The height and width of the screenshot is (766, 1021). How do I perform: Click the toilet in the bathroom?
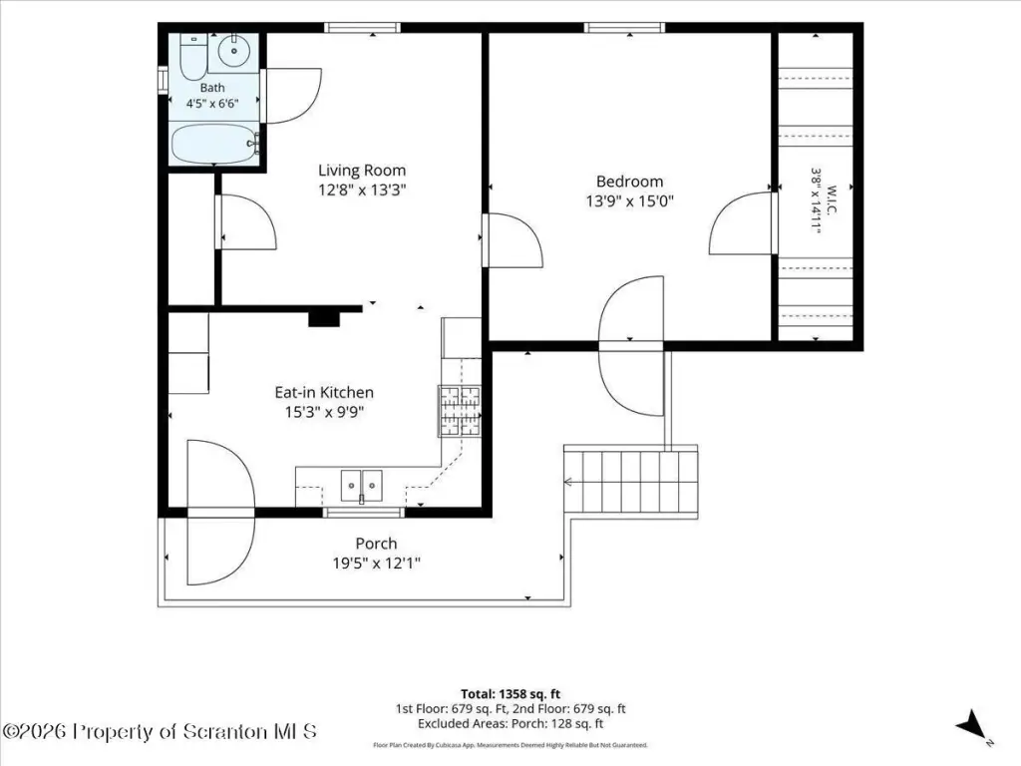[192, 57]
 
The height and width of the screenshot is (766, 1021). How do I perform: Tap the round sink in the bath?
[233, 50]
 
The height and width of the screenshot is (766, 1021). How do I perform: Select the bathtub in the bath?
[215, 144]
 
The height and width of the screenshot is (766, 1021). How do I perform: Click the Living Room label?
[361, 171]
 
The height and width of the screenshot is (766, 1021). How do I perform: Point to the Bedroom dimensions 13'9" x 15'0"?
[629, 201]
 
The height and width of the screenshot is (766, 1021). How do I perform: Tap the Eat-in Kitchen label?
[324, 392]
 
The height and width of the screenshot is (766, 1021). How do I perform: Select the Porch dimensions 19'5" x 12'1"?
[376, 563]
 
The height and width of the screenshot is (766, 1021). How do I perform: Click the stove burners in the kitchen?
[460, 411]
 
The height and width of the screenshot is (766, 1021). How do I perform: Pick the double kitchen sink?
[362, 486]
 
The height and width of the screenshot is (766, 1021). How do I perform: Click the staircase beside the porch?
[630, 482]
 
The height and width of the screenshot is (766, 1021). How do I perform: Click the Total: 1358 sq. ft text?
[510, 694]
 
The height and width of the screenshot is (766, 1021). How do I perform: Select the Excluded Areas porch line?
[510, 724]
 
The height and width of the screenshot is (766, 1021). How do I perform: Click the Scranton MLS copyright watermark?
[160, 731]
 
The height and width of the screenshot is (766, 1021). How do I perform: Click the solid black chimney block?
[324, 319]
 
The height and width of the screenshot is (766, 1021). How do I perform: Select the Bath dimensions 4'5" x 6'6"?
[213, 104]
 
